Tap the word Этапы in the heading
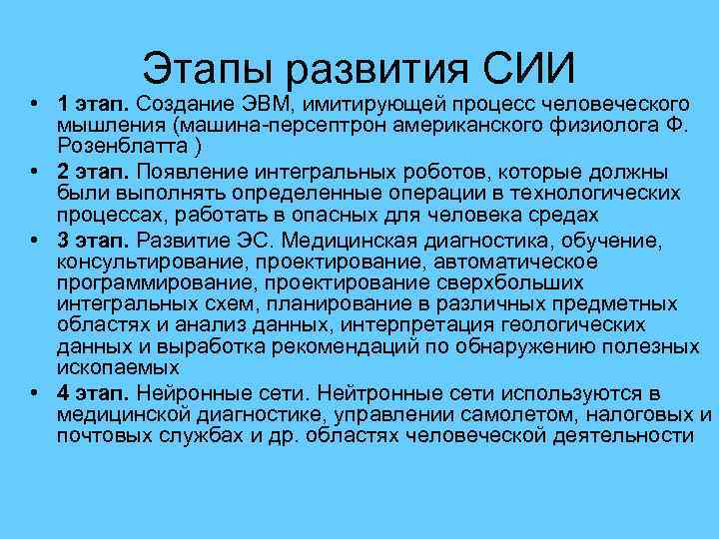209,69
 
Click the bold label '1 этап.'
94,104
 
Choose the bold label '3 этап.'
94,239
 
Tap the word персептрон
325,126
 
